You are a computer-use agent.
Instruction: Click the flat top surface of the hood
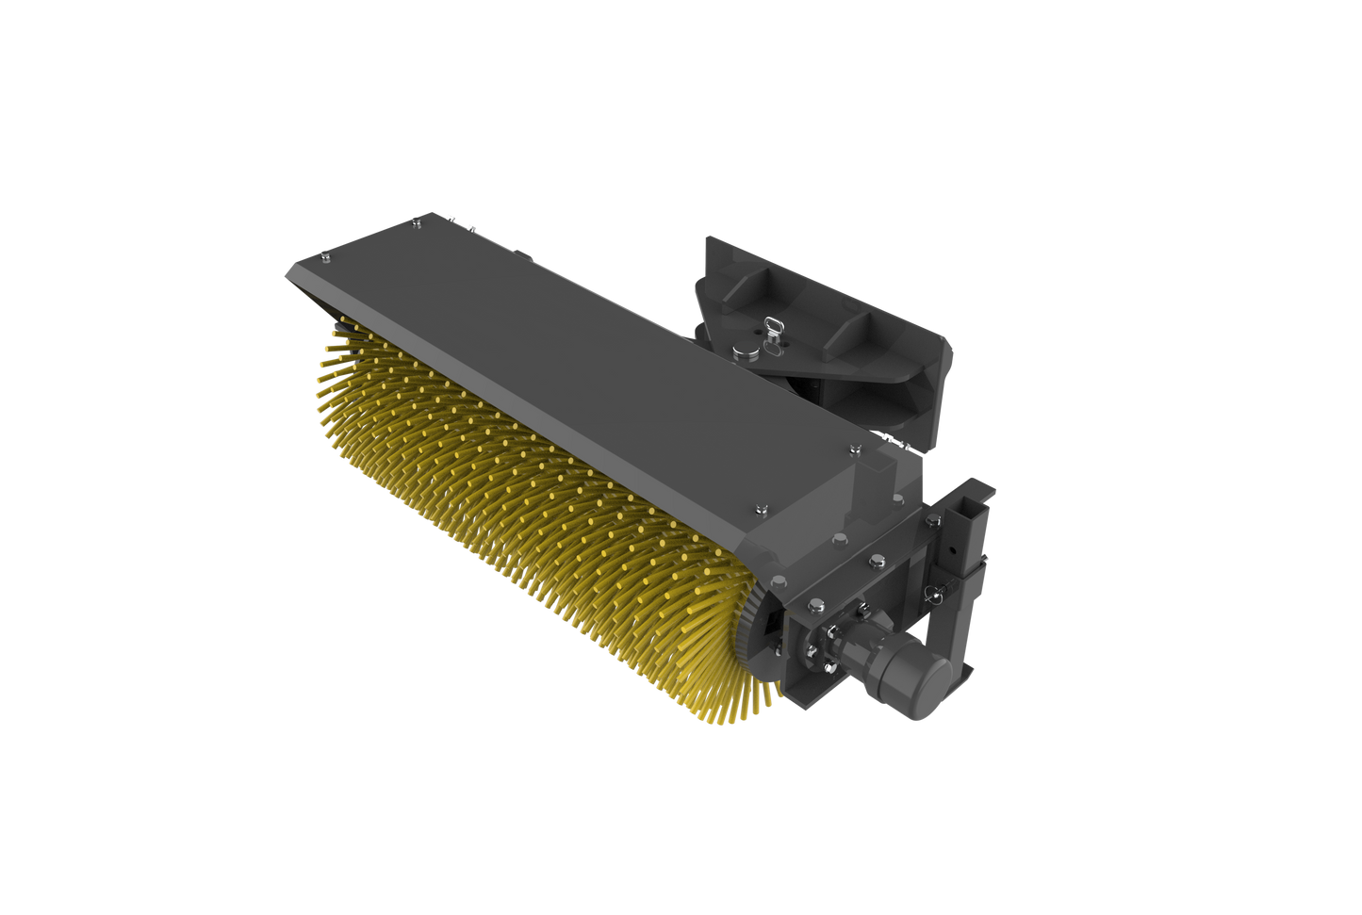click(x=566, y=358)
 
